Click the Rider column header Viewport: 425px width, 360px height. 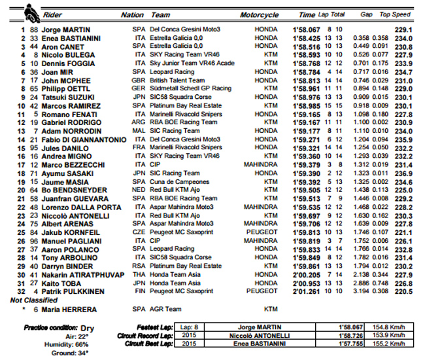click(52, 14)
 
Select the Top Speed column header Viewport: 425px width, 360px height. click(395, 14)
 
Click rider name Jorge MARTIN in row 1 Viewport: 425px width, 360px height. click(65, 29)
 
